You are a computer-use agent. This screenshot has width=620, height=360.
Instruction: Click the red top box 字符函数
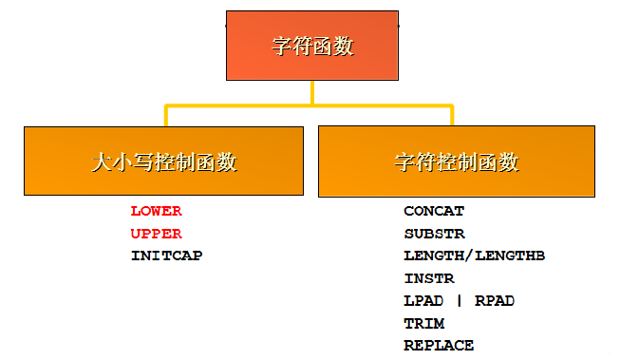(311, 46)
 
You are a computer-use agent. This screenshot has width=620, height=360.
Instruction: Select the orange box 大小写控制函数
(163, 161)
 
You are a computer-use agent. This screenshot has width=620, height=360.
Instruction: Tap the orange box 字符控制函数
(457, 161)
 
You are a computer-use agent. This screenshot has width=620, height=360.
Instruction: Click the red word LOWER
(156, 211)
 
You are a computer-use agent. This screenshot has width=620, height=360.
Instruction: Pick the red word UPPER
(156, 234)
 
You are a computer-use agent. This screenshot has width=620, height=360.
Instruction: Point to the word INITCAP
(166, 256)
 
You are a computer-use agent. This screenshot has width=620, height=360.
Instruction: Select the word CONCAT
(434, 211)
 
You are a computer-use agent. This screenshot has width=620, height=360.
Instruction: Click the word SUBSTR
(434, 234)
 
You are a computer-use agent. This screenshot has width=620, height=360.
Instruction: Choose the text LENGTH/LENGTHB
(474, 256)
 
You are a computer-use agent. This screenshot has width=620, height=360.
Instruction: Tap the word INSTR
(429, 278)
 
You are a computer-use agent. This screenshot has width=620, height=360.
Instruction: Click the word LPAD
(423, 301)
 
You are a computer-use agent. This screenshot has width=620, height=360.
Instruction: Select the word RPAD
(495, 301)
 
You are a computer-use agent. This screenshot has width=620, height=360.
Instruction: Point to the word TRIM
(423, 324)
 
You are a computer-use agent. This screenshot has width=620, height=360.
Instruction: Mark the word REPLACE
(439, 346)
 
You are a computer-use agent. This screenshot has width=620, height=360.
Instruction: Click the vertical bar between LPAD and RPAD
(460, 301)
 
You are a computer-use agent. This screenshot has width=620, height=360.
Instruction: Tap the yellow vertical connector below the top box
(311, 91)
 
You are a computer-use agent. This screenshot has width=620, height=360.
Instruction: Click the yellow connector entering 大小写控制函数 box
(167, 116)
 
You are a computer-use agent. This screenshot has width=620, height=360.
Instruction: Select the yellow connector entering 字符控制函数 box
(452, 116)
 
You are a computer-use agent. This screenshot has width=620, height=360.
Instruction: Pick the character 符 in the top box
(301, 46)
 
